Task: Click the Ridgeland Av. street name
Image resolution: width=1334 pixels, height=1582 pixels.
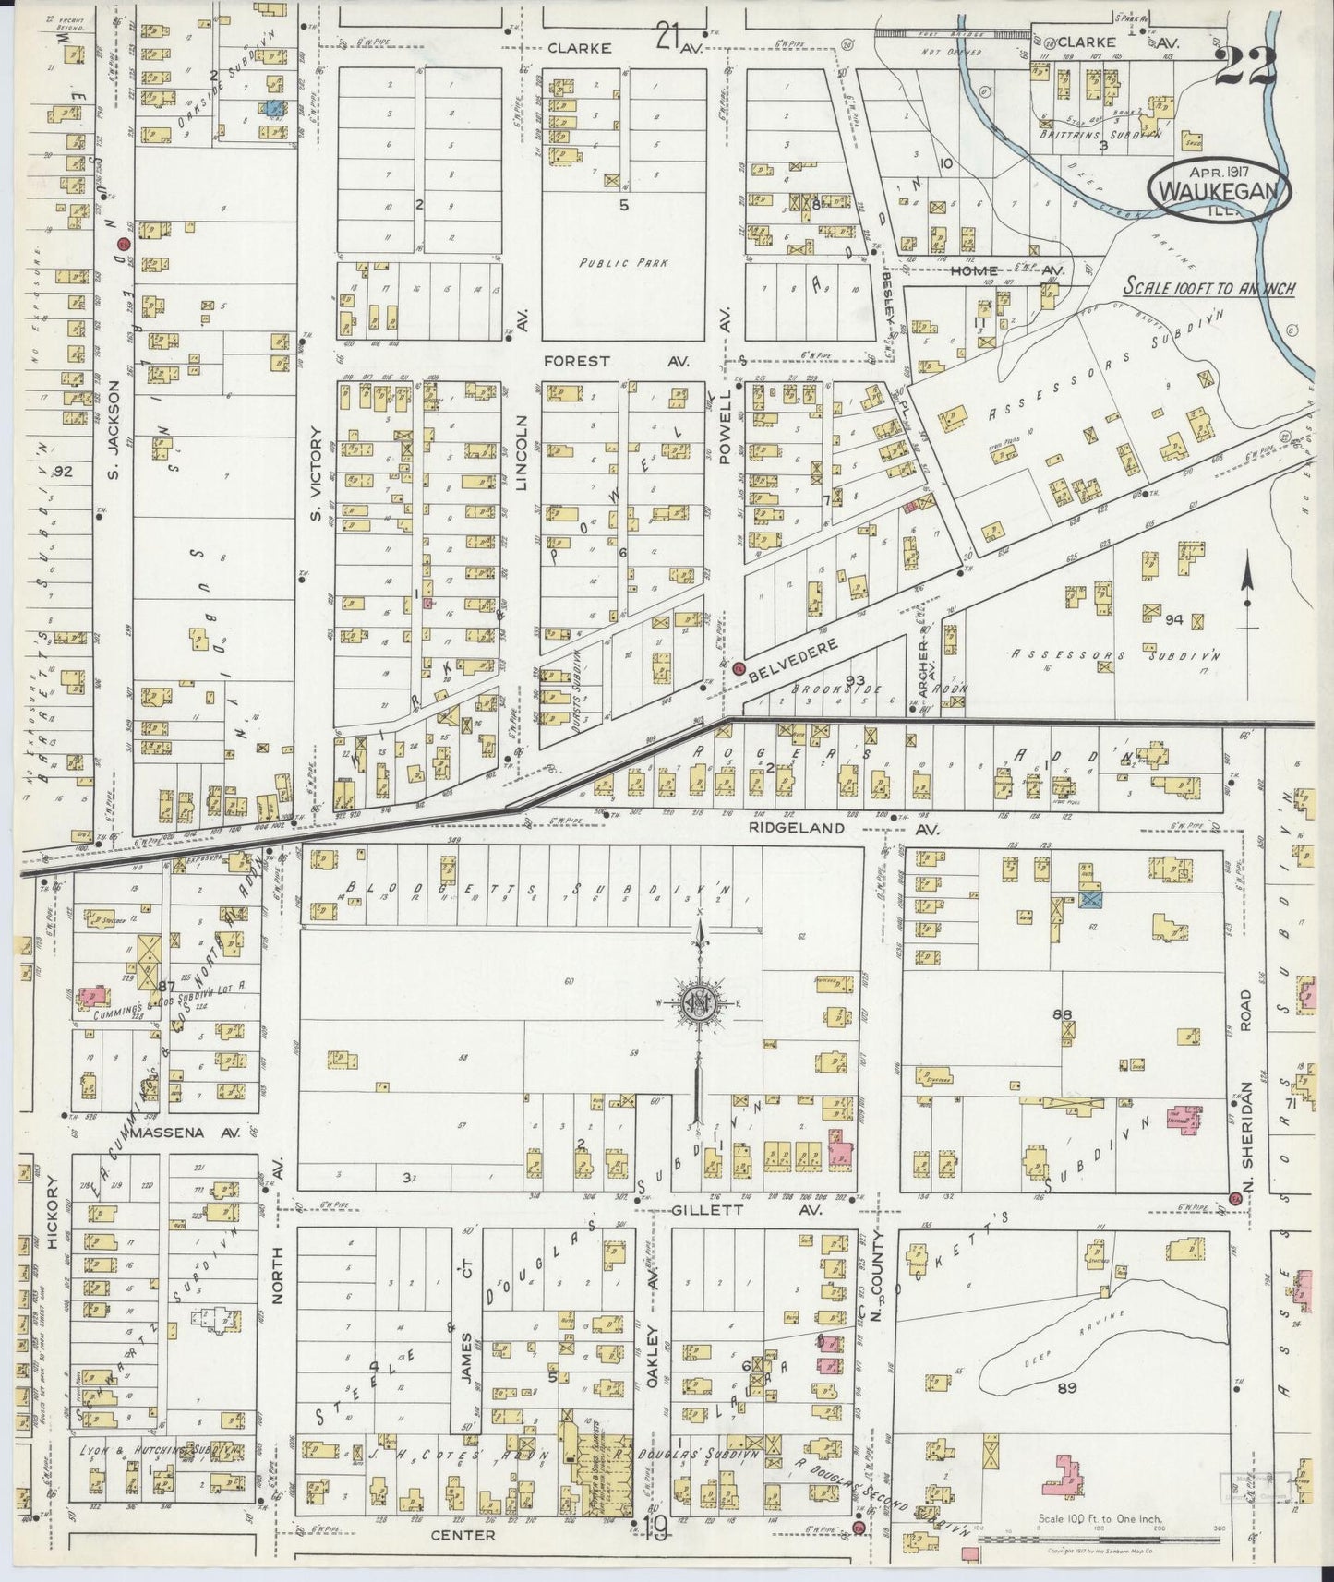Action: [835, 828]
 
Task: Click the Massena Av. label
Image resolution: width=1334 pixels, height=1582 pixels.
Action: [185, 1131]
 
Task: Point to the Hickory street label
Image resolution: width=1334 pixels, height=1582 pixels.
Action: [54, 1212]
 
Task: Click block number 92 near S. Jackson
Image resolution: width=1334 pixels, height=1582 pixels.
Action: [63, 472]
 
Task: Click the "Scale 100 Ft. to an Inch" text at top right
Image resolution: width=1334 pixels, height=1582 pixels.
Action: [1208, 289]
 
